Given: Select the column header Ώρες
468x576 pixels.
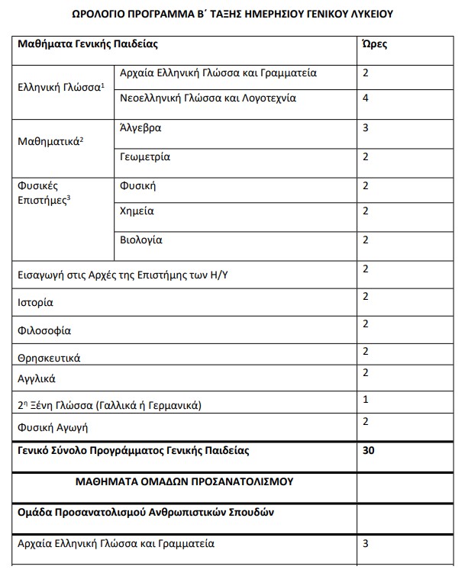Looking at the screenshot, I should point(373,43).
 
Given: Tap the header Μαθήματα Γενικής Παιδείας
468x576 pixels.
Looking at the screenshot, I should point(88,43).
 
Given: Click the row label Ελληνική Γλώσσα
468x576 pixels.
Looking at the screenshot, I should point(60,87).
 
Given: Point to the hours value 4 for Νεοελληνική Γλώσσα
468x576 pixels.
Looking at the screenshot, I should point(366,98).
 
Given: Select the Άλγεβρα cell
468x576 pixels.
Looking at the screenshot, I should point(140,127).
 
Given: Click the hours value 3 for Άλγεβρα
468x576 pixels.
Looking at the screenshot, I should point(366,127).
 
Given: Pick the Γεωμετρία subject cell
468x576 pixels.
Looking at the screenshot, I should point(145,156).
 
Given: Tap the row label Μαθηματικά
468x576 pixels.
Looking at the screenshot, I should point(50,142).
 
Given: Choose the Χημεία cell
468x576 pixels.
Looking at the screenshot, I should point(137,211).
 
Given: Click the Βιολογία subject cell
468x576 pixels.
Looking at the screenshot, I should point(141,240).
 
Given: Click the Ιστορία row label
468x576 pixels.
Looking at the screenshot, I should point(35,302).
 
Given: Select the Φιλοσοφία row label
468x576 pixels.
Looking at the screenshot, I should point(44,331).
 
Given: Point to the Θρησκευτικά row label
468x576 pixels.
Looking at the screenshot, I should point(49,357).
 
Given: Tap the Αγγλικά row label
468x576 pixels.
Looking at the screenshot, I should point(37,378).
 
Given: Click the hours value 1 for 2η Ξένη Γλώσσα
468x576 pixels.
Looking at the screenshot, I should point(366,399).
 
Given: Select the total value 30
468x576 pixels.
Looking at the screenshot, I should point(369,450).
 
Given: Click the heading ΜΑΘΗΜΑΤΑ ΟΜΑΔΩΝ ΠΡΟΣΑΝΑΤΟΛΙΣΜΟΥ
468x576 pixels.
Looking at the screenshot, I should point(186,481).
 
